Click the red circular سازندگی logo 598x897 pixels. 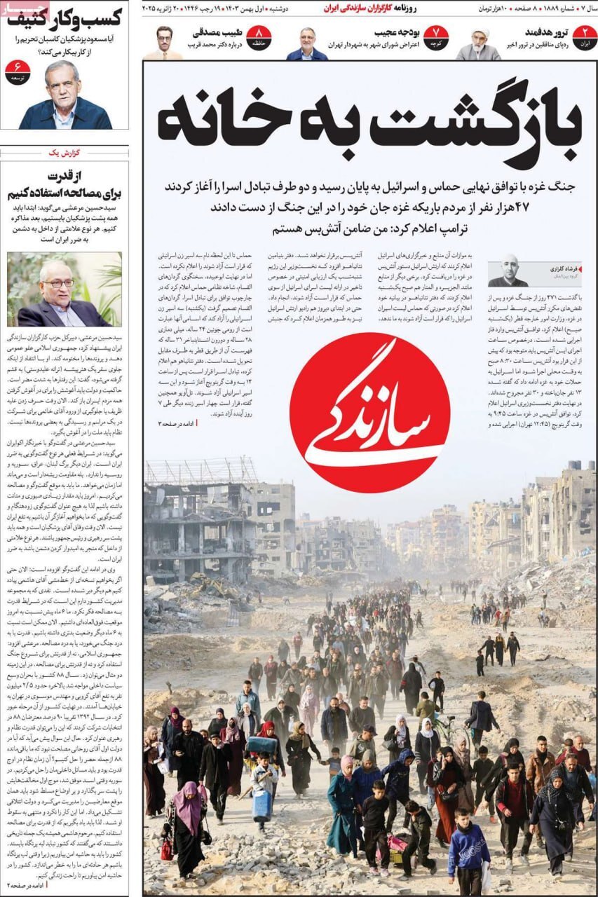tap(369, 413)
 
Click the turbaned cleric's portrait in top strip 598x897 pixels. tap(479, 43)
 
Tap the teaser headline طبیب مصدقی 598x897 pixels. tap(217, 32)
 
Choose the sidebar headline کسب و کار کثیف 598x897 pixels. tap(64, 17)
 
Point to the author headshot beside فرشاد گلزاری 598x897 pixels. tap(508, 271)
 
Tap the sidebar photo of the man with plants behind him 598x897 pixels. tap(64, 289)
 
